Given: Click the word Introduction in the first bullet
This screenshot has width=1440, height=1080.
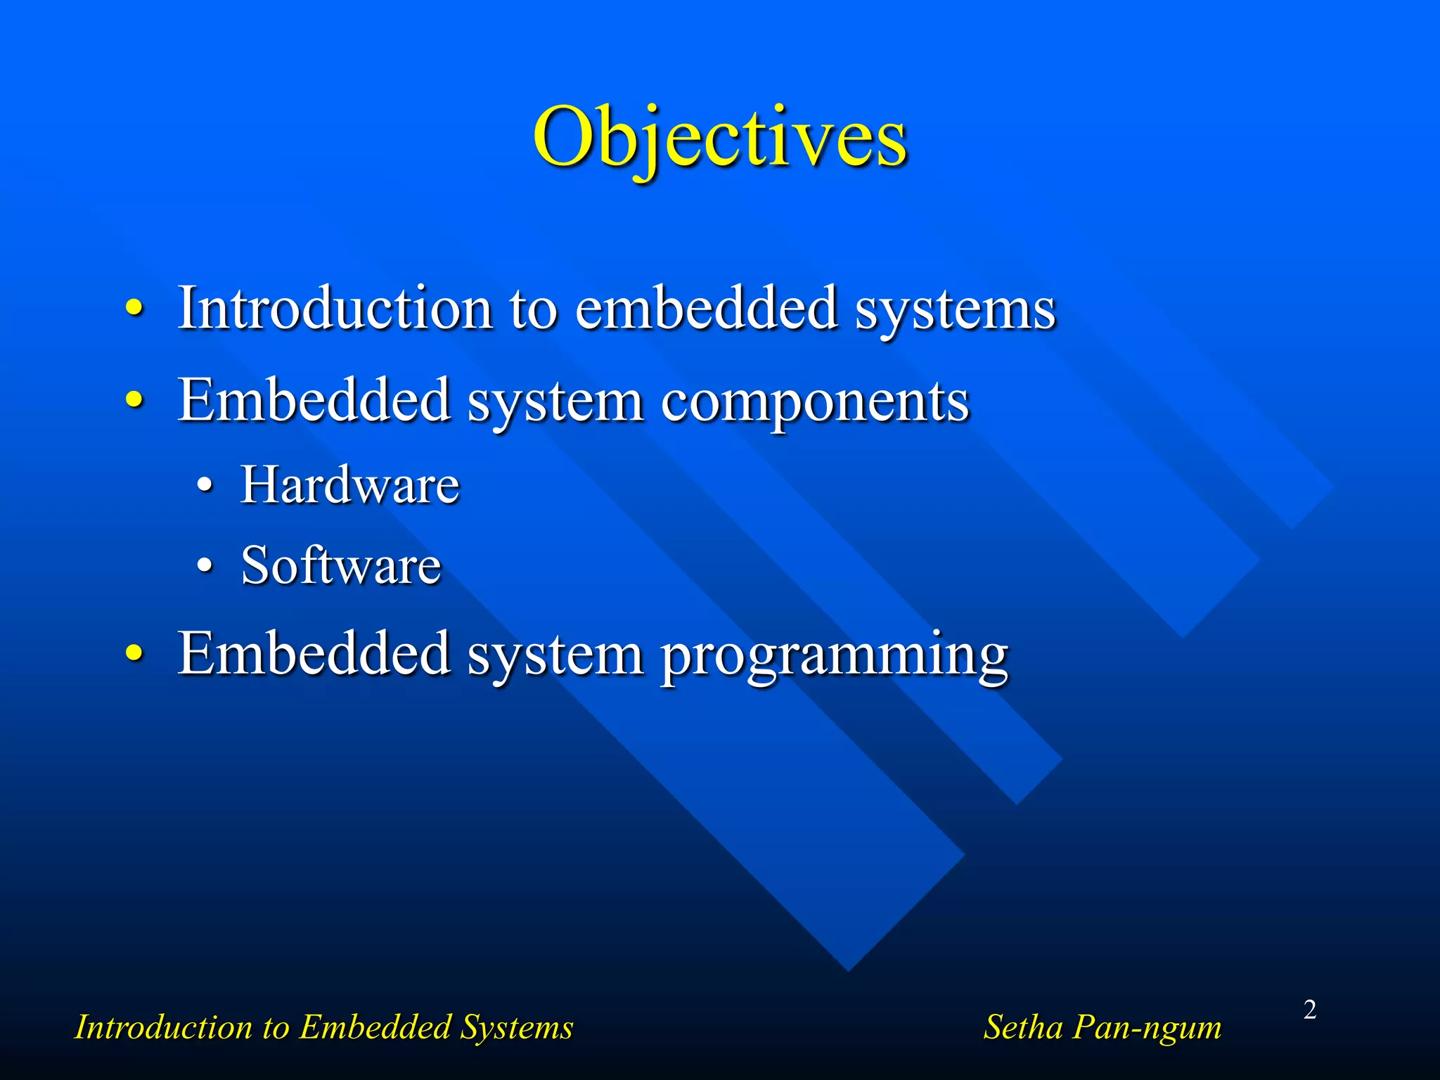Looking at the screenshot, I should coord(335,308).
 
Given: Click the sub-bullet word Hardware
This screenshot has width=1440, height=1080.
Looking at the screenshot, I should coord(350,485).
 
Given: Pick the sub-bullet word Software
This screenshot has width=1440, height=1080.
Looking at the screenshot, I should coord(341,565).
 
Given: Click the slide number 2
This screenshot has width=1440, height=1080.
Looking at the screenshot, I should coord(1309,1010).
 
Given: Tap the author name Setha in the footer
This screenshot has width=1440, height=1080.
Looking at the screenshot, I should coord(1022,1027).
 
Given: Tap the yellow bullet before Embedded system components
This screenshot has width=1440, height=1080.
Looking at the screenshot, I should coord(134,400).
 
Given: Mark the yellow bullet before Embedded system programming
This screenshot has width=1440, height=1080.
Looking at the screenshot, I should coord(134,653).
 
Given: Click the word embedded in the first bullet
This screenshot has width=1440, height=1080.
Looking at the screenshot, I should coord(706,308).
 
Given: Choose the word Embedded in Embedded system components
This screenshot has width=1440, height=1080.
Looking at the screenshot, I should coord(314,400).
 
